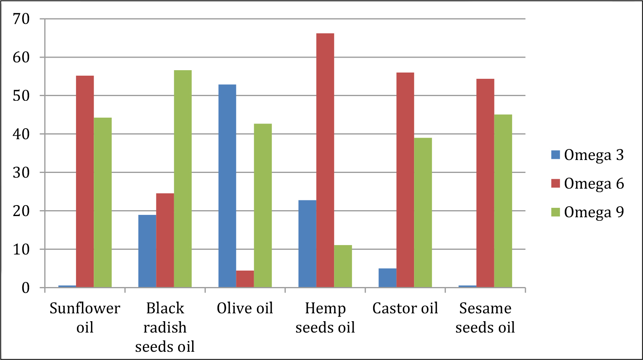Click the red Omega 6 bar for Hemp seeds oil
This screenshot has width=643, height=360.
tap(325, 160)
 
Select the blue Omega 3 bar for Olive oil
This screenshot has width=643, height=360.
tap(227, 186)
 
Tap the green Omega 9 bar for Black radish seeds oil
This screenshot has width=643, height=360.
tap(183, 178)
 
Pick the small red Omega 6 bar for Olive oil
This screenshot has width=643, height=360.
tap(245, 279)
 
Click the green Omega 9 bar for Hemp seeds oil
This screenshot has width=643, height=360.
tap(343, 266)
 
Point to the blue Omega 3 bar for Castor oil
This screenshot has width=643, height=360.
tap(387, 278)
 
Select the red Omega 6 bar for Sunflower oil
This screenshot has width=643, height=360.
tap(85, 182)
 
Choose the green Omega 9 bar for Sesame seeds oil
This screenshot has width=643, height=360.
tap(503, 201)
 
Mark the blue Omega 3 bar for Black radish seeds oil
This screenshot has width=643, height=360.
tap(147, 251)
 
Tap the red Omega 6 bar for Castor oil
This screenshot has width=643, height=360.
tap(405, 180)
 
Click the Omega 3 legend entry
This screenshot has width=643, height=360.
tap(587, 155)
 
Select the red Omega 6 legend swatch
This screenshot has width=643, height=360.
tap(556, 184)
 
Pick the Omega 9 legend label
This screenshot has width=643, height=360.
tap(594, 212)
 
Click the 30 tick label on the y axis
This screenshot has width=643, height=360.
tap(21, 173)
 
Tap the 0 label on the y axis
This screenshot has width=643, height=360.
tap(25, 288)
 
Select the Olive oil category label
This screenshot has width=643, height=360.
tap(245, 308)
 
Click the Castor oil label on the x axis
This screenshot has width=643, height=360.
tap(405, 308)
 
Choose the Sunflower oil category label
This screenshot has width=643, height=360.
tap(85, 318)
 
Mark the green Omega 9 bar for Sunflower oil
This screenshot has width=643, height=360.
tap(103, 202)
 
